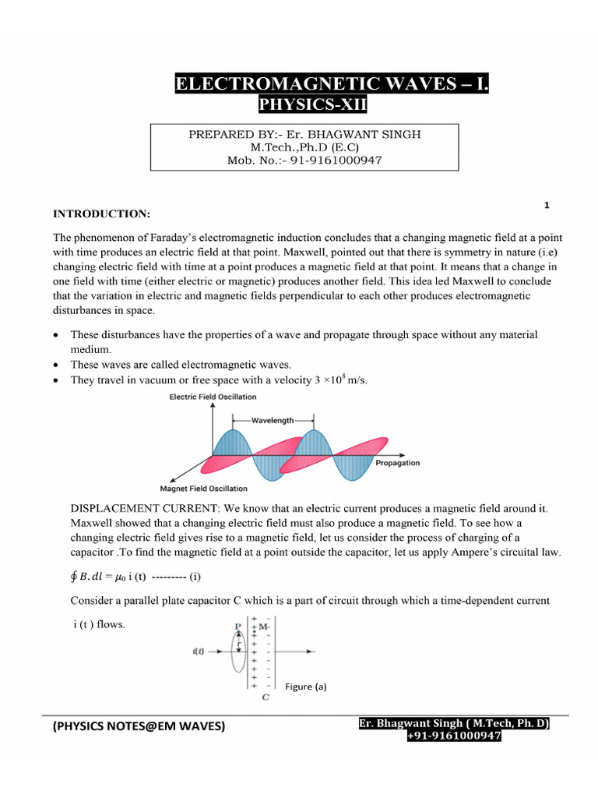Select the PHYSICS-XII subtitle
(311, 104)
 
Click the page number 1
(547, 205)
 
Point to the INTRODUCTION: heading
(101, 213)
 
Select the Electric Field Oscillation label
(213, 397)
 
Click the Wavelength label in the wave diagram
(272, 420)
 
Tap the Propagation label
(397, 463)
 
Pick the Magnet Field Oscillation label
(203, 489)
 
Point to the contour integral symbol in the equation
(75, 577)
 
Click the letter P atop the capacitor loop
(237, 626)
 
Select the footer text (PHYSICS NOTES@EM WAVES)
(139, 726)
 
